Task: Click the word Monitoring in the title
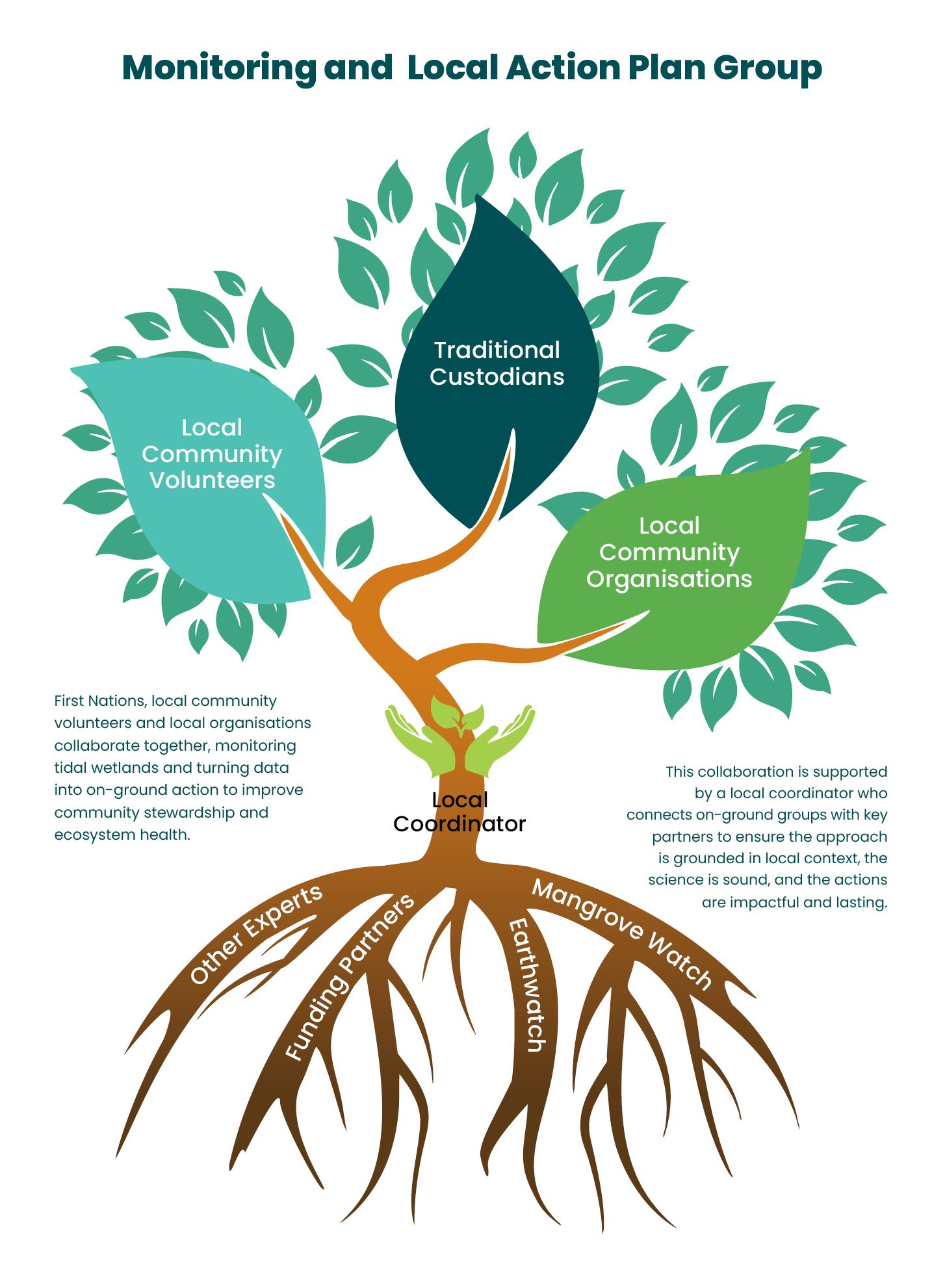pos(218,68)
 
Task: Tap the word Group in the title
pos(767,68)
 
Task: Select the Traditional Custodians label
pos(497,363)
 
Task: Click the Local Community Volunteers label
pos(212,454)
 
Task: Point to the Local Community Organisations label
pos(669,552)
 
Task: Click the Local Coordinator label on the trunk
pos(460,812)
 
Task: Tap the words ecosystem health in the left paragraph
pos(122,835)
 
